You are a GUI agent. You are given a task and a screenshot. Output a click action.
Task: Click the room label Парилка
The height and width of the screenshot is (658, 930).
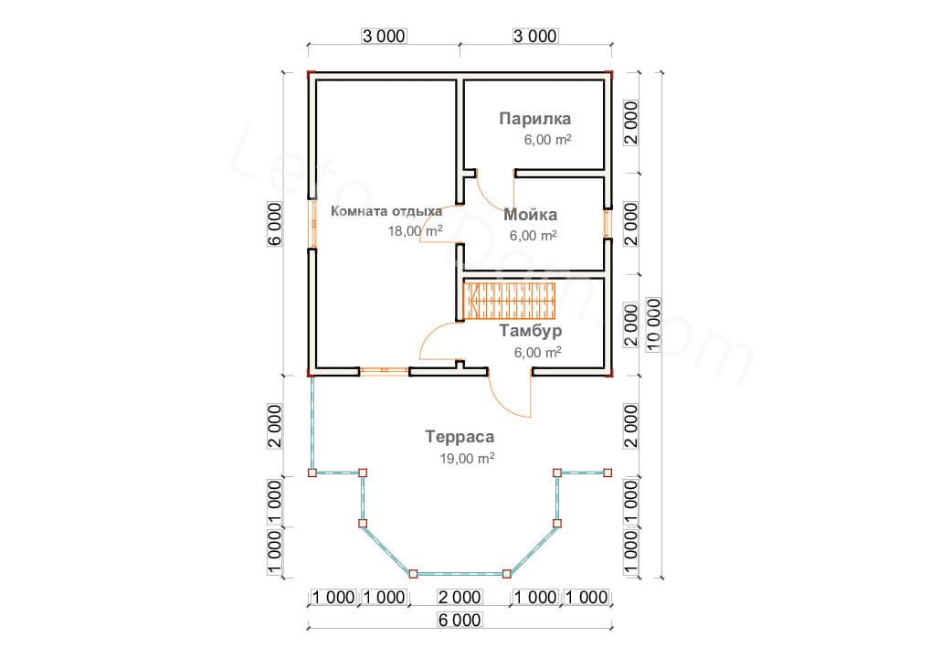tap(534, 118)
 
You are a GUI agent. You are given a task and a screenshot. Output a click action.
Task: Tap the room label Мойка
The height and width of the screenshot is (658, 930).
tap(529, 215)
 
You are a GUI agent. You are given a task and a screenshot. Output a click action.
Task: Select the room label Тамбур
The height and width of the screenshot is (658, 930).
tap(530, 331)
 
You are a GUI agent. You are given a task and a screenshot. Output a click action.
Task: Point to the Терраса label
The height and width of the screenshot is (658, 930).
tap(460, 437)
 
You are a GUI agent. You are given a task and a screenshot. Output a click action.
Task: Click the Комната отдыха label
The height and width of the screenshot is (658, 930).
tap(379, 211)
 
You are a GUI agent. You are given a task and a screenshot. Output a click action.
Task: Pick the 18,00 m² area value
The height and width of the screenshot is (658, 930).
tap(415, 231)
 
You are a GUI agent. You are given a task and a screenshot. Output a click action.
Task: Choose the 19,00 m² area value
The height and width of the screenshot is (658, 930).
tap(467, 459)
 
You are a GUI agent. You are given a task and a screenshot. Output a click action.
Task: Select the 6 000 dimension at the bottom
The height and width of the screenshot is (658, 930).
tap(460, 621)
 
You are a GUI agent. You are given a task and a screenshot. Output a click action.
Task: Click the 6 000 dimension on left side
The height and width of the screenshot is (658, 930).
tap(275, 223)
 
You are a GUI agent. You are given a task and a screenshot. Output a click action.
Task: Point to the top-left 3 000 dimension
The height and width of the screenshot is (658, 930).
tap(383, 36)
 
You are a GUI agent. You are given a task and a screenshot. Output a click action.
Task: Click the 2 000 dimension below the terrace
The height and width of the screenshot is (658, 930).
tap(460, 598)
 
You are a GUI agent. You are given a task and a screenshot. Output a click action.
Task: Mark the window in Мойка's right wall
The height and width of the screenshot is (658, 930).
tap(607, 224)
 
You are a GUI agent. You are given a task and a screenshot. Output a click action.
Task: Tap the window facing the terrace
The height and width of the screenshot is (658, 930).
tap(384, 371)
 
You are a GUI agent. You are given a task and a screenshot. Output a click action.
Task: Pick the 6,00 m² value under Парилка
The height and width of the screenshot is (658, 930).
tap(547, 140)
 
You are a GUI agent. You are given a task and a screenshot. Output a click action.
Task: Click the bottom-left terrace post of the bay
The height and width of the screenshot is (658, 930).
tap(412, 574)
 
